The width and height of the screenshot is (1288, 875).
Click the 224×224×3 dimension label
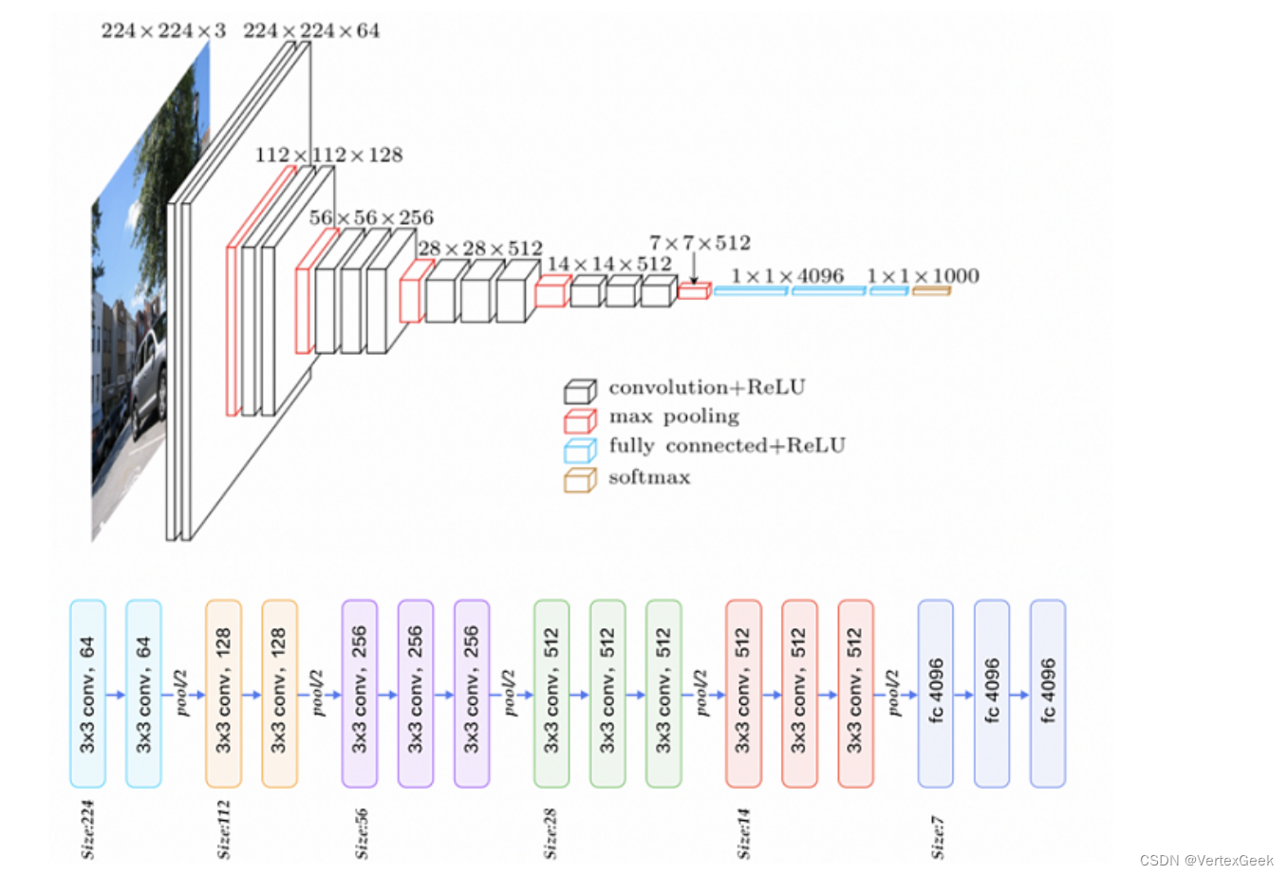pyautogui.click(x=163, y=30)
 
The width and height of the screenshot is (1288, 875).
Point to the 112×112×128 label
pyautogui.click(x=329, y=155)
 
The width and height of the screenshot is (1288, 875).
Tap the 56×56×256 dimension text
pyautogui.click(x=371, y=217)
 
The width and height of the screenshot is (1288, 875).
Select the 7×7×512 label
pyautogui.click(x=700, y=243)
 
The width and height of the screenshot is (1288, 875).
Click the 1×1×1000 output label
pyautogui.click(x=923, y=276)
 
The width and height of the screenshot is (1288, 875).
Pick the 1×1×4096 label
pyautogui.click(x=788, y=276)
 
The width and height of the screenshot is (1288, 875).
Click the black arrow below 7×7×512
pyautogui.click(x=694, y=269)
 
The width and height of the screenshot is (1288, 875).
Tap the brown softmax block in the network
pyautogui.click(x=931, y=291)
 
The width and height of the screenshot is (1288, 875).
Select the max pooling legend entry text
pyautogui.click(x=674, y=417)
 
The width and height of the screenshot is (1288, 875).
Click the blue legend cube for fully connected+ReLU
pyautogui.click(x=580, y=451)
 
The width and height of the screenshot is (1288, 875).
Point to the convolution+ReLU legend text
pyautogui.click(x=707, y=387)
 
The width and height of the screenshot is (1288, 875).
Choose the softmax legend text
pyautogui.click(x=649, y=477)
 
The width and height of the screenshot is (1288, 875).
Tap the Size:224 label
pyautogui.click(x=87, y=829)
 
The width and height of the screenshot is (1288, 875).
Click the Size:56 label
pyautogui.click(x=361, y=833)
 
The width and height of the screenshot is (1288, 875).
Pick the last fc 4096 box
pyautogui.click(x=1048, y=694)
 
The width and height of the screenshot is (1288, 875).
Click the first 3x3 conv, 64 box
pyautogui.click(x=87, y=694)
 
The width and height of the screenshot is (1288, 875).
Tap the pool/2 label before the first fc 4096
pyautogui.click(x=893, y=693)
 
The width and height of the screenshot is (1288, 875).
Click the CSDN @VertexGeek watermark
pyautogui.click(x=1206, y=860)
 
